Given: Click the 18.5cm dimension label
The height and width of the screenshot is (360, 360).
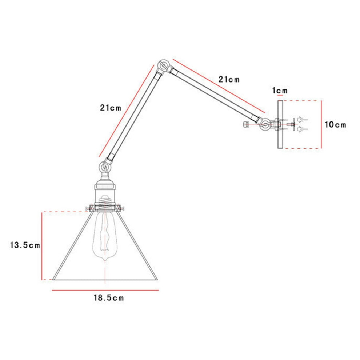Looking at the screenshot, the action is tap(109, 298).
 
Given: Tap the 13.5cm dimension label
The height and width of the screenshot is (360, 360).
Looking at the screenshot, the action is tap(25, 245).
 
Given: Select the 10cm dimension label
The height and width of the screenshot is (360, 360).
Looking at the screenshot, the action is tap(335, 125).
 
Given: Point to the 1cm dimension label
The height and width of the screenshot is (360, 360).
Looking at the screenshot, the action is tap(280, 91).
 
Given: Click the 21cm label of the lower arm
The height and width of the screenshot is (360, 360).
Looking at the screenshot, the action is tap(111, 108).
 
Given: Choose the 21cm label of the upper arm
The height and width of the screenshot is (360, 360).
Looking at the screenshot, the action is tap(229, 79).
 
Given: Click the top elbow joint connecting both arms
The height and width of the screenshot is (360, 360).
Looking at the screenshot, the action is tap(164, 66).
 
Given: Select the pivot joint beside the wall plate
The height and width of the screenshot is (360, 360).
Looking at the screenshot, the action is tap(265, 125).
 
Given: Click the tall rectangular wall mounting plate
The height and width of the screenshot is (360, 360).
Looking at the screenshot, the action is tap(280, 124).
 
